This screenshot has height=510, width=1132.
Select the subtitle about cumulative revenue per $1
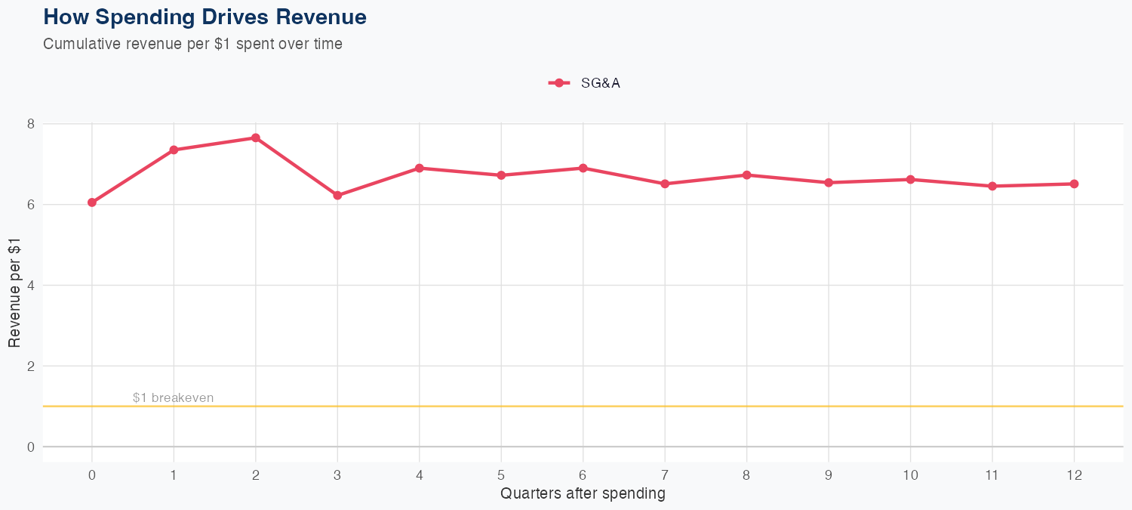[192, 44]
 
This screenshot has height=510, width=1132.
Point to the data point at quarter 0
[92, 202]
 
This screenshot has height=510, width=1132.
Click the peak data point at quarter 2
[256, 138]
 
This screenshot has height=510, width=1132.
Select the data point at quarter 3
[337, 196]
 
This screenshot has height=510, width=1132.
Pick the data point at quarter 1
[174, 150]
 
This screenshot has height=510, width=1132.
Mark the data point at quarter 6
[583, 168]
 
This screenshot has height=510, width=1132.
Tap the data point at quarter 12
[1074, 184]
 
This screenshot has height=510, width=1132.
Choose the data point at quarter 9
[829, 182]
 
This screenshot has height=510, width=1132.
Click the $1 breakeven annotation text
[173, 397]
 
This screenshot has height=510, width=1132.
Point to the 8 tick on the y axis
[31, 124]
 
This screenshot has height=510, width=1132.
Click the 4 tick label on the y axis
[31, 286]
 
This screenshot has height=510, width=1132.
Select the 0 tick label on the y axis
[31, 447]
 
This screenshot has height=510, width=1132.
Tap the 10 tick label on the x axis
[910, 475]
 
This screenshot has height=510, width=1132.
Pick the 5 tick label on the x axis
[501, 475]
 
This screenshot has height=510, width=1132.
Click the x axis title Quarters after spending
[583, 493]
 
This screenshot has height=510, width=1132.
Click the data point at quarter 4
[419, 168]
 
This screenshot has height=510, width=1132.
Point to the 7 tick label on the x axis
[665, 475]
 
